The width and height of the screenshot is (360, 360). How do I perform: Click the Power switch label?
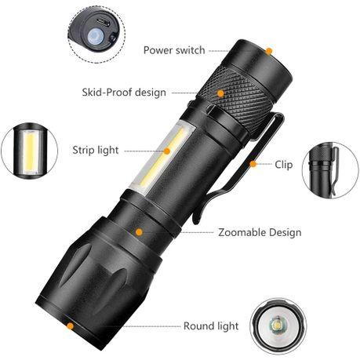tap(174, 50)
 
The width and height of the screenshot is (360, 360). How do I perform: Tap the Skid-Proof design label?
tap(124, 93)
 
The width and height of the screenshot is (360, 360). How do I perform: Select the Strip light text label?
tap(96, 150)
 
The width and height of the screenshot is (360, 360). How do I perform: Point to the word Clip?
tap(284, 165)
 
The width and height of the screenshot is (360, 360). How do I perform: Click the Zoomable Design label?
tap(260, 232)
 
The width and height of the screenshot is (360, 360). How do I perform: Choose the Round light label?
tap(210, 325)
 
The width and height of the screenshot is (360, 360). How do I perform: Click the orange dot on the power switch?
tap(268, 51)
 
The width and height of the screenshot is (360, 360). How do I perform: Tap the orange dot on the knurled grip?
tap(220, 93)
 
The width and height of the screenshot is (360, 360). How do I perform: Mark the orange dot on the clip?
tap(253, 164)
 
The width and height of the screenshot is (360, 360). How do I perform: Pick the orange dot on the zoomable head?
tap(139, 232)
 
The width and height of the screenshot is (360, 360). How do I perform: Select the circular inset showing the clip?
tap(330, 169)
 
